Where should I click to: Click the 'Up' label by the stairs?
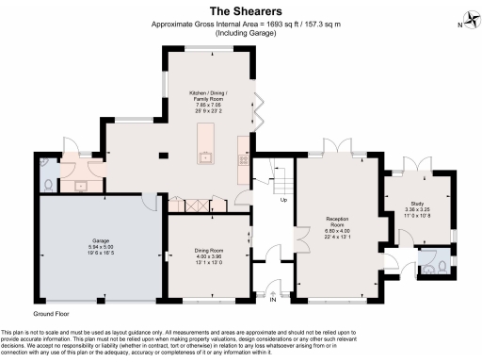click(283, 200)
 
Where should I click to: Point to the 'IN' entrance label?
click(274, 302)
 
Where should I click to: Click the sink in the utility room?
click(80, 185)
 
